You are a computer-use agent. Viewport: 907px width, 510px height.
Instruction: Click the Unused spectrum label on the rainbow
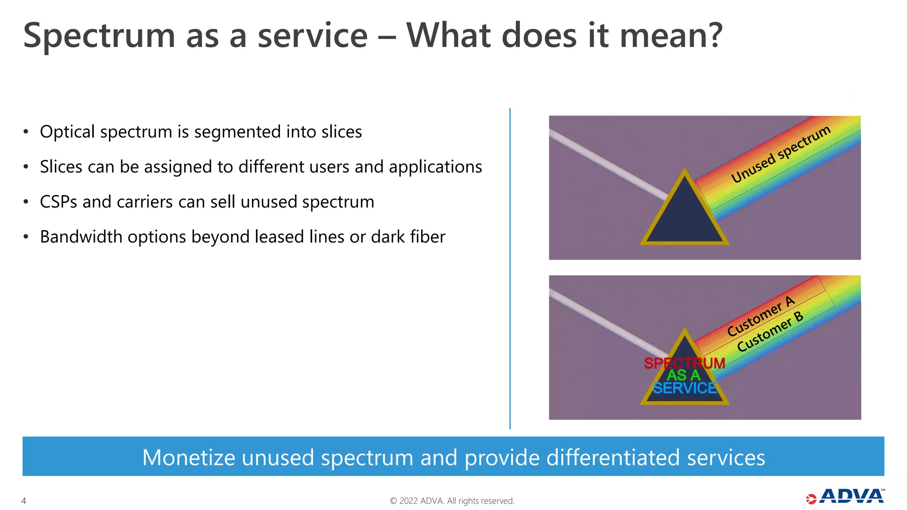[780, 154]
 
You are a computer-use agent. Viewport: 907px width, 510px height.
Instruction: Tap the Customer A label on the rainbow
[761, 316]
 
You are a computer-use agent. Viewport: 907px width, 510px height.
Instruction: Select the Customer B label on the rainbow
[770, 332]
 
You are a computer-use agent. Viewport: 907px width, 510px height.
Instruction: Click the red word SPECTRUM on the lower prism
[684, 363]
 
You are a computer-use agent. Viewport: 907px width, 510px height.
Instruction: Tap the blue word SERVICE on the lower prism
[685, 388]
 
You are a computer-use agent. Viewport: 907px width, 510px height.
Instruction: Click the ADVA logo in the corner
[845, 497]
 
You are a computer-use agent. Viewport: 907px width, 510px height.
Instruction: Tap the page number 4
[24, 501]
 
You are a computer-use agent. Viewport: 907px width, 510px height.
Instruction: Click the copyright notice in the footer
[452, 501]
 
